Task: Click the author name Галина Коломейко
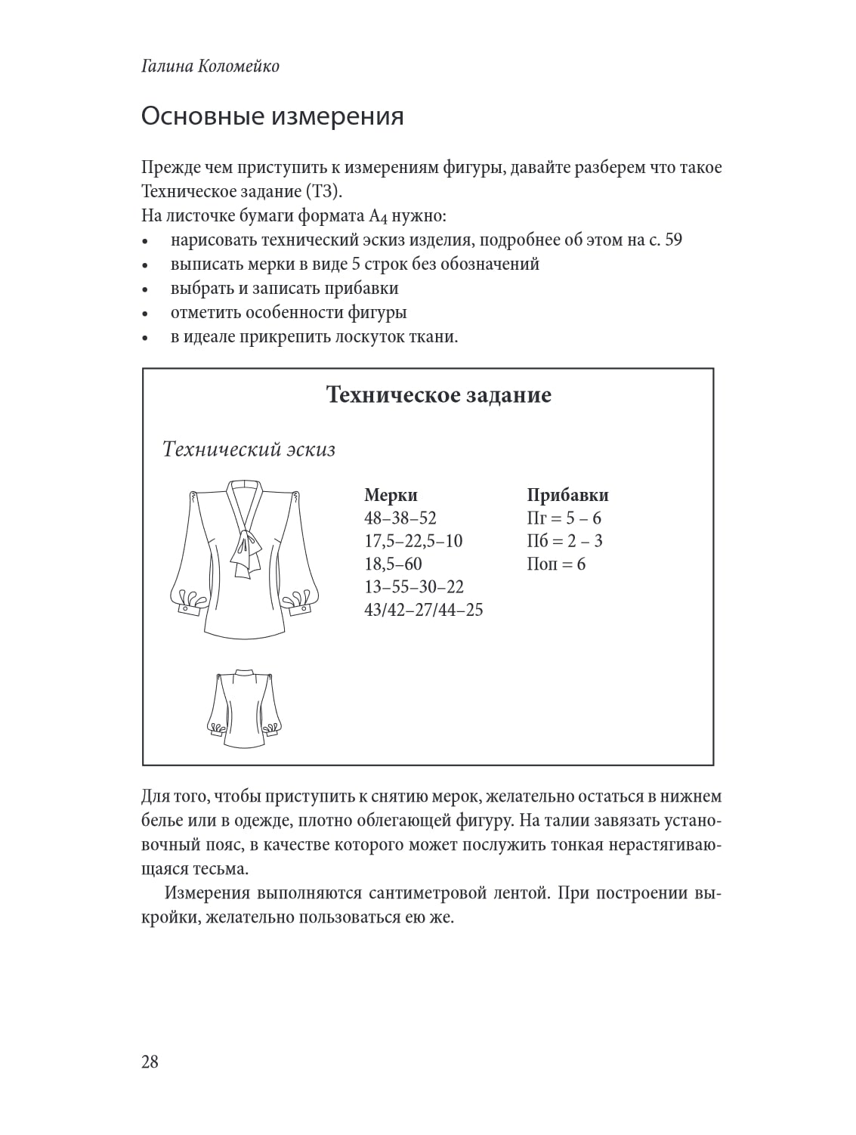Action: (x=210, y=66)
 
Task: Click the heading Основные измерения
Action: (x=272, y=116)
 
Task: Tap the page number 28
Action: (x=150, y=1062)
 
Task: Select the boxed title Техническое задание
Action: (x=438, y=394)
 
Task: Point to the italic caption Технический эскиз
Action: (x=249, y=450)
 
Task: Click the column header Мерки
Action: (x=391, y=495)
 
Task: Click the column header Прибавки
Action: (x=567, y=495)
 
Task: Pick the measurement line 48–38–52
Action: (x=400, y=518)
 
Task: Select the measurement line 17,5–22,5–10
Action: (x=413, y=541)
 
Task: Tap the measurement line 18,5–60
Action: (x=393, y=564)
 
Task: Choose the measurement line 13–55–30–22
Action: (x=414, y=586)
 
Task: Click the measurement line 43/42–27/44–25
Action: (x=423, y=609)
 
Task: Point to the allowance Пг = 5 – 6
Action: (x=564, y=518)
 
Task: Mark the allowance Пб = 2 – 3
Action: (x=564, y=541)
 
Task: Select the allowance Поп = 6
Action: (x=556, y=564)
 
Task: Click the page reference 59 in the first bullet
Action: (x=672, y=240)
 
